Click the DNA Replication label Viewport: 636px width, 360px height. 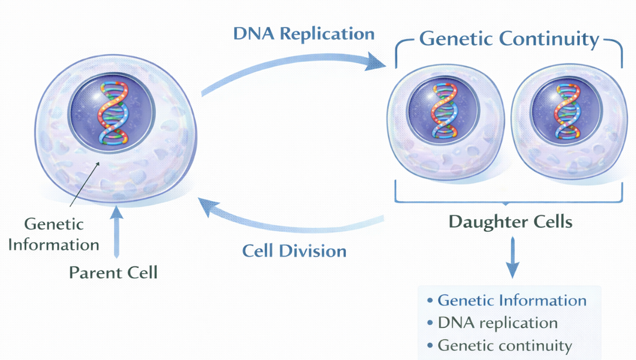(304, 34)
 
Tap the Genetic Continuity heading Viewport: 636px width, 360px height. (509, 39)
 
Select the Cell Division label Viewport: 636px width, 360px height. (294, 251)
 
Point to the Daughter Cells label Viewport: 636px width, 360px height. (510, 222)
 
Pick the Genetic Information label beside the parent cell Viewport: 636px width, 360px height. (54, 234)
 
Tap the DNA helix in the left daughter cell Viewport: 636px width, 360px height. (444, 111)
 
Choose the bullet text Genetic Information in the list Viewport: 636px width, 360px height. (512, 300)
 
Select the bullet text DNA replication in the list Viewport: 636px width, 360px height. (498, 323)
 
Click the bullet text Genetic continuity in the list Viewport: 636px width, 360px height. (504, 345)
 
